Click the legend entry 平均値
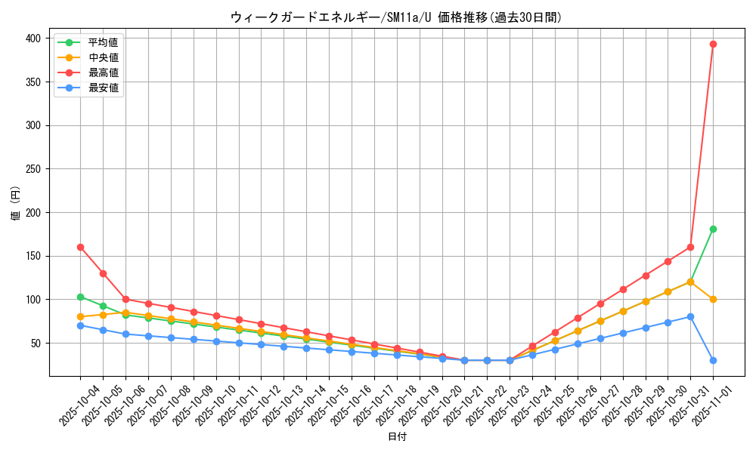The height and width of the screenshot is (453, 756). (103, 42)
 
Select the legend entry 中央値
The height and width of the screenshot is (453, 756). (103, 57)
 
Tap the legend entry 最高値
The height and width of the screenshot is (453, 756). (103, 72)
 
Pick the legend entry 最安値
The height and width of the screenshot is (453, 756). (103, 88)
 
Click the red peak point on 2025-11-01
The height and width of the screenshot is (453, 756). (713, 44)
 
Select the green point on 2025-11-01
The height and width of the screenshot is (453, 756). (713, 229)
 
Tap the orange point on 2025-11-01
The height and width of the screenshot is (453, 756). (713, 299)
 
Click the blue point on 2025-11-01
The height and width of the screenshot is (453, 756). (713, 360)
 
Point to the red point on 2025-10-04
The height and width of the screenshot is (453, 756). (80, 247)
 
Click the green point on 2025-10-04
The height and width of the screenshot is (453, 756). (80, 297)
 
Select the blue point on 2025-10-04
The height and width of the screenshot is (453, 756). (80, 325)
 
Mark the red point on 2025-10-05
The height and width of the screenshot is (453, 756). (103, 273)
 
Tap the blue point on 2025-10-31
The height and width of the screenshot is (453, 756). (690, 316)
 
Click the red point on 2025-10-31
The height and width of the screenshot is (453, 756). (690, 247)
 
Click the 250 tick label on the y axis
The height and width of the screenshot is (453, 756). (33, 169)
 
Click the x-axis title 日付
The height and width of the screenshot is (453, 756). (396, 437)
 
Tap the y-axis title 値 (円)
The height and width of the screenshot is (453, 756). (16, 204)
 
